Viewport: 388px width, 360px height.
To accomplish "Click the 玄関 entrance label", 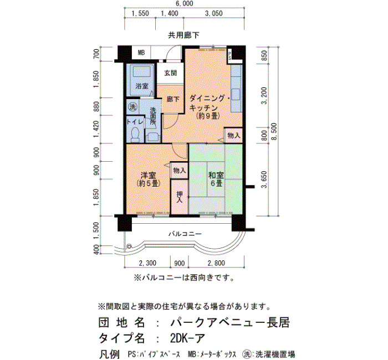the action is point(171,73).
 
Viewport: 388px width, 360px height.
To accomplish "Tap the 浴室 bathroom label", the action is point(142,86).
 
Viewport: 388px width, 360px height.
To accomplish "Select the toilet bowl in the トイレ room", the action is point(135,135).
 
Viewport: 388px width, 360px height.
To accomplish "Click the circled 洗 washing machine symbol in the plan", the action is point(132,107).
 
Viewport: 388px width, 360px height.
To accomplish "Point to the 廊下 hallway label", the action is point(173,99).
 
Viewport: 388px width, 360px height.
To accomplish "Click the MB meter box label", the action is point(141,53).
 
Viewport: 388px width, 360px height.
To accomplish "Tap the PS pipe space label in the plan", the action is point(229,55).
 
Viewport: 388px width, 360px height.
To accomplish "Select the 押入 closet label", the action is point(180,197).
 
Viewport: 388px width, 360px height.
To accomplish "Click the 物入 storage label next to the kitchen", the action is point(233,136).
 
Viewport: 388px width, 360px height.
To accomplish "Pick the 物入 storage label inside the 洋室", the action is point(180,171).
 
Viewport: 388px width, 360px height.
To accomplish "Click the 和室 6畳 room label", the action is point(216,179).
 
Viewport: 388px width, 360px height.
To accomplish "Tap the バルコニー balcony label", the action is point(185,234).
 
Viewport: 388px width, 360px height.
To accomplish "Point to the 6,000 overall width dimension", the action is point(184,3).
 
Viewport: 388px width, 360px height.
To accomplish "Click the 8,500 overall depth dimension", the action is point(274,131).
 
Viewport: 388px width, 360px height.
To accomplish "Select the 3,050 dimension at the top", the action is point(214,14).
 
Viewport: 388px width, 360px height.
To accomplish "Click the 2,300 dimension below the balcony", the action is point(147,263).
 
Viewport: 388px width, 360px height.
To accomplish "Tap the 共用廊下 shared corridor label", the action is point(183,35).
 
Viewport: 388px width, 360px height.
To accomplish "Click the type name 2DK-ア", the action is point(187,338).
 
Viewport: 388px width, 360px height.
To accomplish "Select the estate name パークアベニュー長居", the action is point(230,322).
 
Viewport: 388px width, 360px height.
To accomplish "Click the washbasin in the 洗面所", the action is point(151,137).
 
